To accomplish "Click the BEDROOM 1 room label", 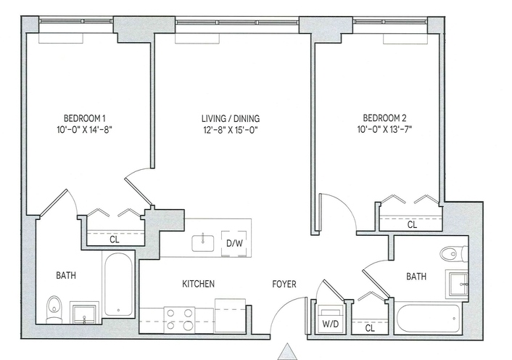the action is (x=85, y=118).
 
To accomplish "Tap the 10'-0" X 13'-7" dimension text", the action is (x=384, y=130).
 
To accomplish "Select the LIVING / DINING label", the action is (x=231, y=118).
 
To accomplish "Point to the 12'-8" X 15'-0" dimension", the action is (x=231, y=130).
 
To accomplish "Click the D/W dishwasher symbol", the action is (x=235, y=243).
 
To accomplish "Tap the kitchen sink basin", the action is (x=203, y=243).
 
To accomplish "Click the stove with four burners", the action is (x=179, y=320).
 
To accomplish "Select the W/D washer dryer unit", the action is (x=331, y=319).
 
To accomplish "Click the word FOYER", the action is (x=284, y=285).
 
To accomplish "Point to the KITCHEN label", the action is (x=198, y=284).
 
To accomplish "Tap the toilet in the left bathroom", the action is (x=54, y=309).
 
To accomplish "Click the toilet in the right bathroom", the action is (x=454, y=254).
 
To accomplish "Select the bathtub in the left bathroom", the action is (x=118, y=285).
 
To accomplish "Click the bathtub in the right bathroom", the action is (x=429, y=319).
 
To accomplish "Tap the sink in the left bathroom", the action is (x=84, y=314).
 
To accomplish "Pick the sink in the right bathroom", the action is (x=458, y=284).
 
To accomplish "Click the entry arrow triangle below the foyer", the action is (x=287, y=351).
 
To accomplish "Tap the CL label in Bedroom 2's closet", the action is (x=412, y=225).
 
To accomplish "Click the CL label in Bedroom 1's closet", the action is (x=115, y=240).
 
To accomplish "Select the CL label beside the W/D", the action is (x=370, y=328).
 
